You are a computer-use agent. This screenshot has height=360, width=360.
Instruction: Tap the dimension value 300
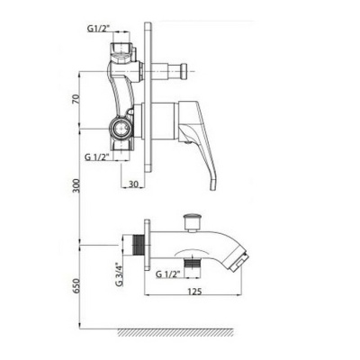(x=78, y=185)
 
